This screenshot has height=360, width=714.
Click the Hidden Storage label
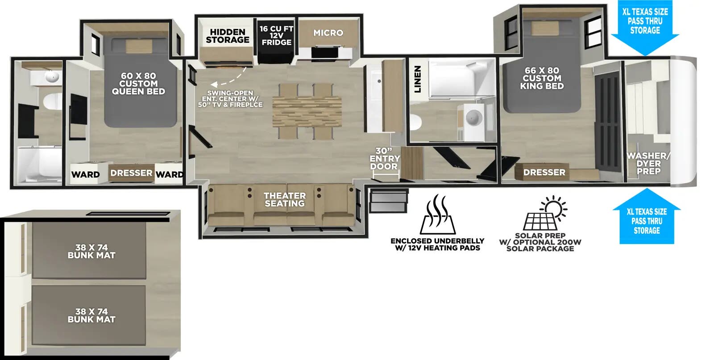click(228, 36)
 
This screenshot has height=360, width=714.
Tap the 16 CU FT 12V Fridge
click(276, 36)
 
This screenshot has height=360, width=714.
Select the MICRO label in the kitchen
click(328, 33)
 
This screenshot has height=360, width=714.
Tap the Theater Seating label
click(284, 199)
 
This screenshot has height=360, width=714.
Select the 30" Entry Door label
click(384, 159)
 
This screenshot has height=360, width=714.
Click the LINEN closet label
click(418, 79)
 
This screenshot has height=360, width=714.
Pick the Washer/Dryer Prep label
click(648, 163)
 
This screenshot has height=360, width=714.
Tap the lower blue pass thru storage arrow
click(646, 219)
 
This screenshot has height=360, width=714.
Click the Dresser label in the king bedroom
click(544, 172)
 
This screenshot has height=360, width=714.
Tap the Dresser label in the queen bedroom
click(131, 173)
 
